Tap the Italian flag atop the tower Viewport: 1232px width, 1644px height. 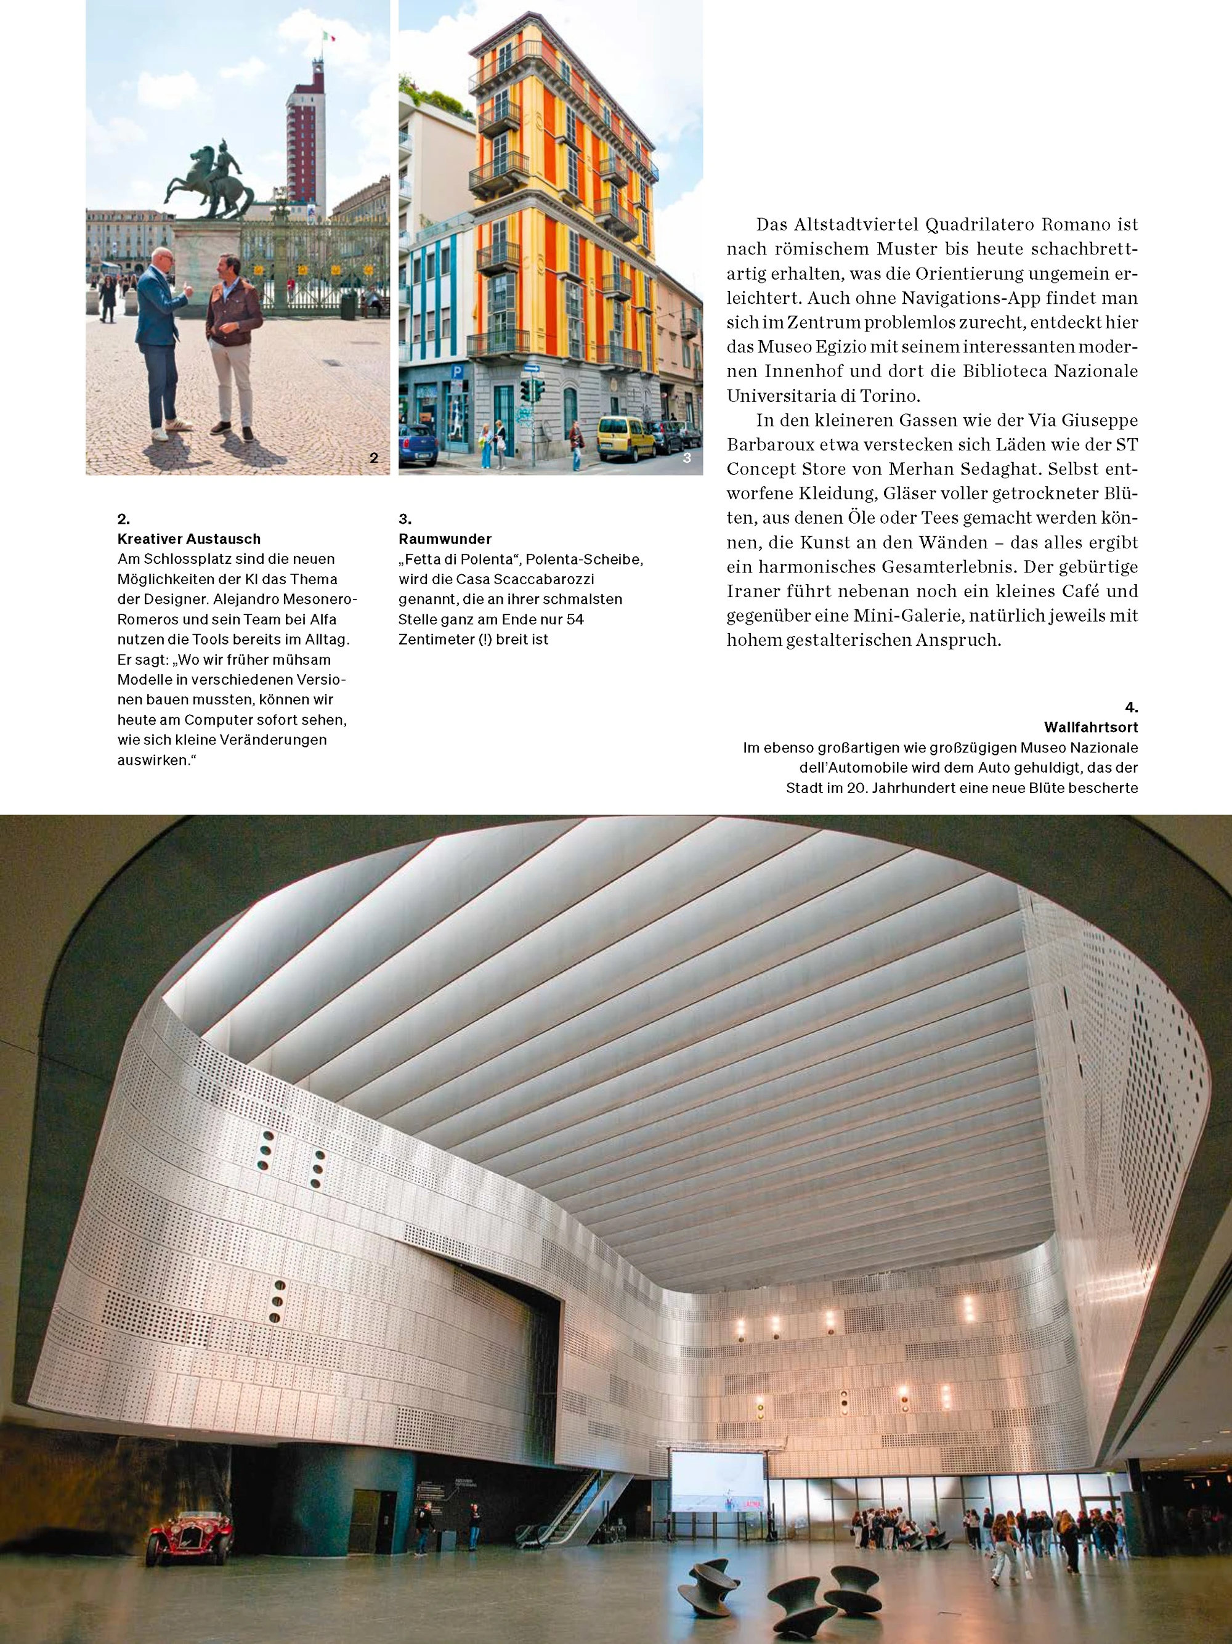coord(328,37)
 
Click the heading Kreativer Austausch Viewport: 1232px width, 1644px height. coord(188,539)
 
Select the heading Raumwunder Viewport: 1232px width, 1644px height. coord(445,539)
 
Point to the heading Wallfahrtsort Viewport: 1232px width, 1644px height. coord(1090,727)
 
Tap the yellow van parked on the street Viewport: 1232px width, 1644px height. coord(626,437)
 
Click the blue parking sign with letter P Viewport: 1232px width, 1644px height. coord(457,372)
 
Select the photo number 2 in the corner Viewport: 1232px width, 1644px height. coord(374,458)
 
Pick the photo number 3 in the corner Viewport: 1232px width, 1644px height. coord(687,458)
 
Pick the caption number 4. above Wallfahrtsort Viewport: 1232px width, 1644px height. coord(1130,707)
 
